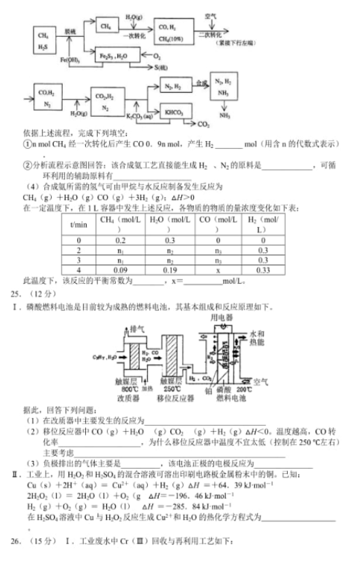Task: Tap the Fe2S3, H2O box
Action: coord(113,55)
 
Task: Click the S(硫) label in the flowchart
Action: coord(162,68)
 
